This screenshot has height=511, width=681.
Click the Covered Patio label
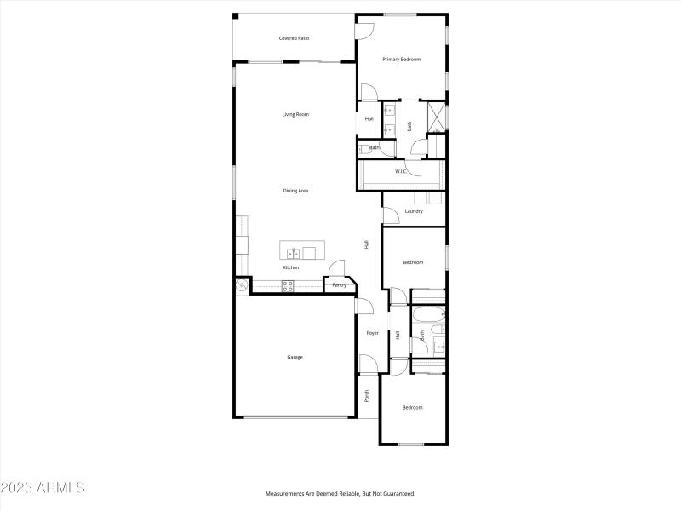tap(294, 38)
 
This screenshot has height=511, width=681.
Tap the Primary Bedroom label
tap(401, 59)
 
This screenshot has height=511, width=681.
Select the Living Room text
tap(295, 114)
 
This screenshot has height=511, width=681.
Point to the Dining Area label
tap(295, 191)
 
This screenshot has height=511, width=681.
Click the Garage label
tap(294, 357)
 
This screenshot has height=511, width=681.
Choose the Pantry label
tap(339, 285)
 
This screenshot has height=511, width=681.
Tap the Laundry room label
tap(414, 211)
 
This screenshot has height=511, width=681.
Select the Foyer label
tap(372, 333)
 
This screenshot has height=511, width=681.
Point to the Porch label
tap(367, 395)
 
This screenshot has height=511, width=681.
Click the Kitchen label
tap(291, 267)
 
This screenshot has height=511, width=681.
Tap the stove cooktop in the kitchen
tap(288, 285)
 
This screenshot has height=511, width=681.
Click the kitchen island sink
tap(292, 252)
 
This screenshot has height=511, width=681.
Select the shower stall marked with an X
tap(436, 115)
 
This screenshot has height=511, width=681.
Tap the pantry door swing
tap(337, 269)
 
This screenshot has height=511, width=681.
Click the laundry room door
tap(387, 217)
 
